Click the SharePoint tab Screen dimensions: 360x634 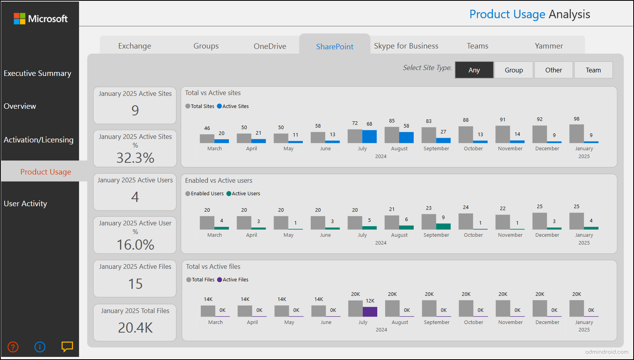[335, 47]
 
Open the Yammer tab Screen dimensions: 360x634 [549, 46]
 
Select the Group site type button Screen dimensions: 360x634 [513, 70]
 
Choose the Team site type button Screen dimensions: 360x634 [593, 70]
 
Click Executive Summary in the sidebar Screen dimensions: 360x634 [38, 73]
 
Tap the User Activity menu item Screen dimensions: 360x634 [25, 203]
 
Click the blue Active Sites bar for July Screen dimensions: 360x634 [369, 137]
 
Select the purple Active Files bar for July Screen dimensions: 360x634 [370, 311]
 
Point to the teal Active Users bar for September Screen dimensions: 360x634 [443, 226]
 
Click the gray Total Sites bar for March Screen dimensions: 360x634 [207, 139]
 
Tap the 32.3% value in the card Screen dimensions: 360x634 [135, 158]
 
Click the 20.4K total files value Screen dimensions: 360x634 [135, 328]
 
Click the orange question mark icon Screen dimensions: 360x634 [13, 347]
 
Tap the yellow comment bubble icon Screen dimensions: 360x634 [67, 346]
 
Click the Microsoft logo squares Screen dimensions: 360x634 [20, 19]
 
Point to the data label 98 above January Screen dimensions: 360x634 [576, 119]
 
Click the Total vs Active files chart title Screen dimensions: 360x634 [213, 266]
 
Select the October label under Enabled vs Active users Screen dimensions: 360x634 [473, 235]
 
